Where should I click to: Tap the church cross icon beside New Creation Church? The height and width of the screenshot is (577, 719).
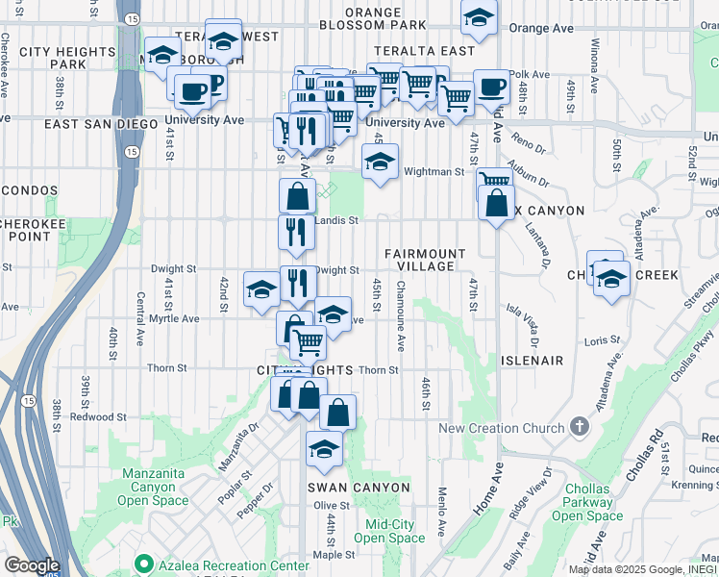point(578,425)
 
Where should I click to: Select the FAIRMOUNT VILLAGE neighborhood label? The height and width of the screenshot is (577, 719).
point(425,260)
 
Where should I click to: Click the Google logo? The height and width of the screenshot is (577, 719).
point(31,565)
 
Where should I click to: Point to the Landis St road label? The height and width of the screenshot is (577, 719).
point(339,220)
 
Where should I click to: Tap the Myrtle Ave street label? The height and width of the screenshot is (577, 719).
point(175,318)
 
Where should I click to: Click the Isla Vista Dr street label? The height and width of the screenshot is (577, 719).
point(529,322)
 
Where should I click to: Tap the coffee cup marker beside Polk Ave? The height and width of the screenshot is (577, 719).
point(492,86)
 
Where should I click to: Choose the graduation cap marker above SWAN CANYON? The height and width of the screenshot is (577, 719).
point(325,448)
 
